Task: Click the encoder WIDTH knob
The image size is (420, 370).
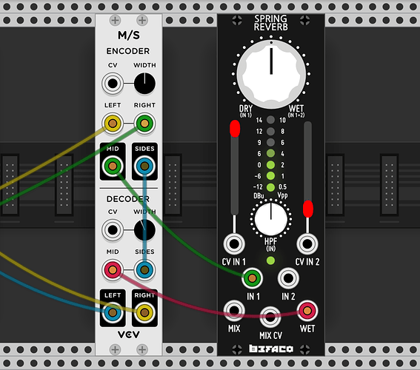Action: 144,84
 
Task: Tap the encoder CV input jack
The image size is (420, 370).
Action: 113,84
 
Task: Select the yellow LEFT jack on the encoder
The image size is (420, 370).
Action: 113,124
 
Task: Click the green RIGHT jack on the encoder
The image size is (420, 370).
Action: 144,124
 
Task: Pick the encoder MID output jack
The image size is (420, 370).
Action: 113,166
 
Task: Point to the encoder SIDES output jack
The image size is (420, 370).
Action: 144,166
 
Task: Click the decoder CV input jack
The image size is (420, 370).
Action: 113,230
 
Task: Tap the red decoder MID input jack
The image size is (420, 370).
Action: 113,270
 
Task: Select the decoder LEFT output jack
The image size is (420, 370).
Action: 113,312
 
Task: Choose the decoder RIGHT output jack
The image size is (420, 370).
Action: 144,312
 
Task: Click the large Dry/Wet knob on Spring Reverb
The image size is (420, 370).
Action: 271,74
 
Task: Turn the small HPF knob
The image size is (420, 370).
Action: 271,219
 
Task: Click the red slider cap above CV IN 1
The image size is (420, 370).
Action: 235,129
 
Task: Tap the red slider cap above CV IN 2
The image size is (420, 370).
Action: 307,209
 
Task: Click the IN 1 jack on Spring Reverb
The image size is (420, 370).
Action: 252,278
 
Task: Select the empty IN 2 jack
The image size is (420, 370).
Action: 288,278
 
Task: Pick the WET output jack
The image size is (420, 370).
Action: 307,311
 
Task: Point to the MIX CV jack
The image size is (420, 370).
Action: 270,317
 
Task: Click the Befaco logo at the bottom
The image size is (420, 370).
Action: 271,349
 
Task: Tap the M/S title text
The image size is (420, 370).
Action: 129,36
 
